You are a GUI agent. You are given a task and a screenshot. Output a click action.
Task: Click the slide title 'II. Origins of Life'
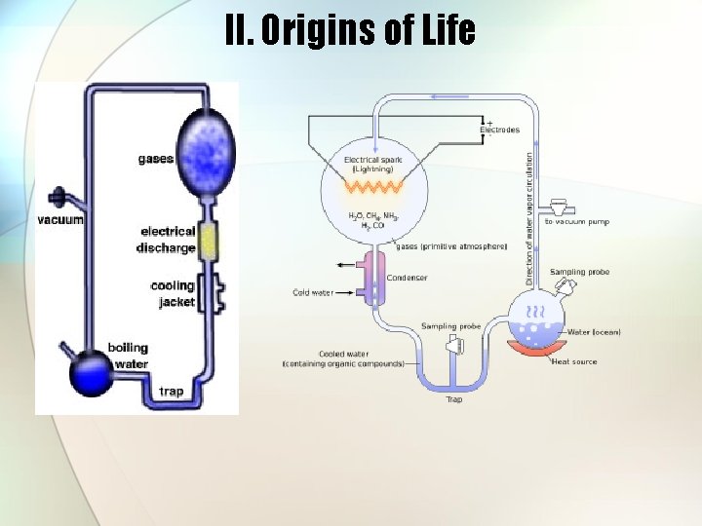point(350,30)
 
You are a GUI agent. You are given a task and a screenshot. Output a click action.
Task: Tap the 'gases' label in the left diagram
point(156,159)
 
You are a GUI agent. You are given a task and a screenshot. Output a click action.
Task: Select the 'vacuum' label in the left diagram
point(60,220)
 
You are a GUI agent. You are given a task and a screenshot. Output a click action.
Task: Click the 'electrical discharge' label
point(168,240)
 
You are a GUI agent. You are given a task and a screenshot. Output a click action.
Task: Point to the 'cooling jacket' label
point(173,294)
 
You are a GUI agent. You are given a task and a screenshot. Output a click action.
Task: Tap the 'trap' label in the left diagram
point(171,392)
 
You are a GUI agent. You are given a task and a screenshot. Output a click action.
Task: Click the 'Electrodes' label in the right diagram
point(499,130)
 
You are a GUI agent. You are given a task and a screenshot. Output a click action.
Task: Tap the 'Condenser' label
point(407,278)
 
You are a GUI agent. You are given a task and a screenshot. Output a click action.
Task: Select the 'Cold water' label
point(313,292)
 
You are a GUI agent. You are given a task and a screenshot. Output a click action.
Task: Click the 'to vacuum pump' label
point(577,222)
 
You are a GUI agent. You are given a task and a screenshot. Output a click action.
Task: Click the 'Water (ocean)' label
point(594,332)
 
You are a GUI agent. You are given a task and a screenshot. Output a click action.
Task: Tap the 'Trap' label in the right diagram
point(454,399)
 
